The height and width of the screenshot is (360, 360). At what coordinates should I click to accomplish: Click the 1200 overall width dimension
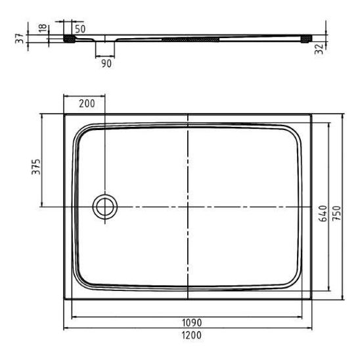pyautogui.click(x=192, y=335)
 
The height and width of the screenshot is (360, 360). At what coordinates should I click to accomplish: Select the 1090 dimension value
pyautogui.click(x=192, y=323)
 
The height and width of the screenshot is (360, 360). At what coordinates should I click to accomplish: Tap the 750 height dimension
pyautogui.click(x=337, y=213)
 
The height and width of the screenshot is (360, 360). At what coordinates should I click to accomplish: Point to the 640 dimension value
pyautogui.click(x=323, y=214)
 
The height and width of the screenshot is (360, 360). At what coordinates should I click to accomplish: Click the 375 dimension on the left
pyautogui.click(x=36, y=167)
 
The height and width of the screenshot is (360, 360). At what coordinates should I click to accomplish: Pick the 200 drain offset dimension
pyautogui.click(x=87, y=104)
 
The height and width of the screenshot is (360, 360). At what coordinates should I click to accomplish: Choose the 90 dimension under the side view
pyautogui.click(x=106, y=64)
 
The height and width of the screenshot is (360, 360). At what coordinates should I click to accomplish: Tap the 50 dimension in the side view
pyautogui.click(x=80, y=29)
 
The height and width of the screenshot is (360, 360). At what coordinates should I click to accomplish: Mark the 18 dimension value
pyautogui.click(x=43, y=28)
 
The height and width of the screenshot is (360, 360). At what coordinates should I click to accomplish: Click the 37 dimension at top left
pyautogui.click(x=20, y=38)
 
